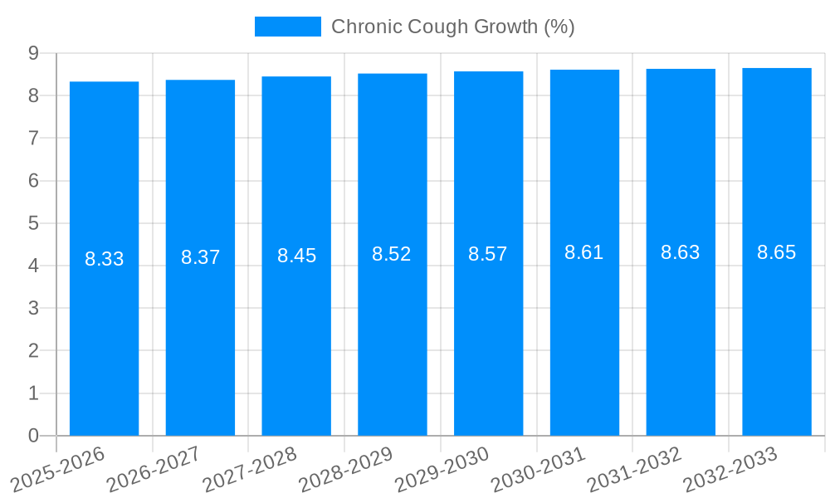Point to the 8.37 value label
pos(200,257)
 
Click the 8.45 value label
pos(296,256)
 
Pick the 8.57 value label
pos(488,254)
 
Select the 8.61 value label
pos(584,252)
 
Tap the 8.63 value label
pos(681,252)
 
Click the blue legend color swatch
pos(287,27)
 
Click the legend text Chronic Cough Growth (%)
pos(453,27)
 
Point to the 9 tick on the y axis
pos(33,53)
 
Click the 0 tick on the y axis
pos(33,436)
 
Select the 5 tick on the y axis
pos(33,223)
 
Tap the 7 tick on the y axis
pos(33,139)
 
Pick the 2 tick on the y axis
pos(33,351)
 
